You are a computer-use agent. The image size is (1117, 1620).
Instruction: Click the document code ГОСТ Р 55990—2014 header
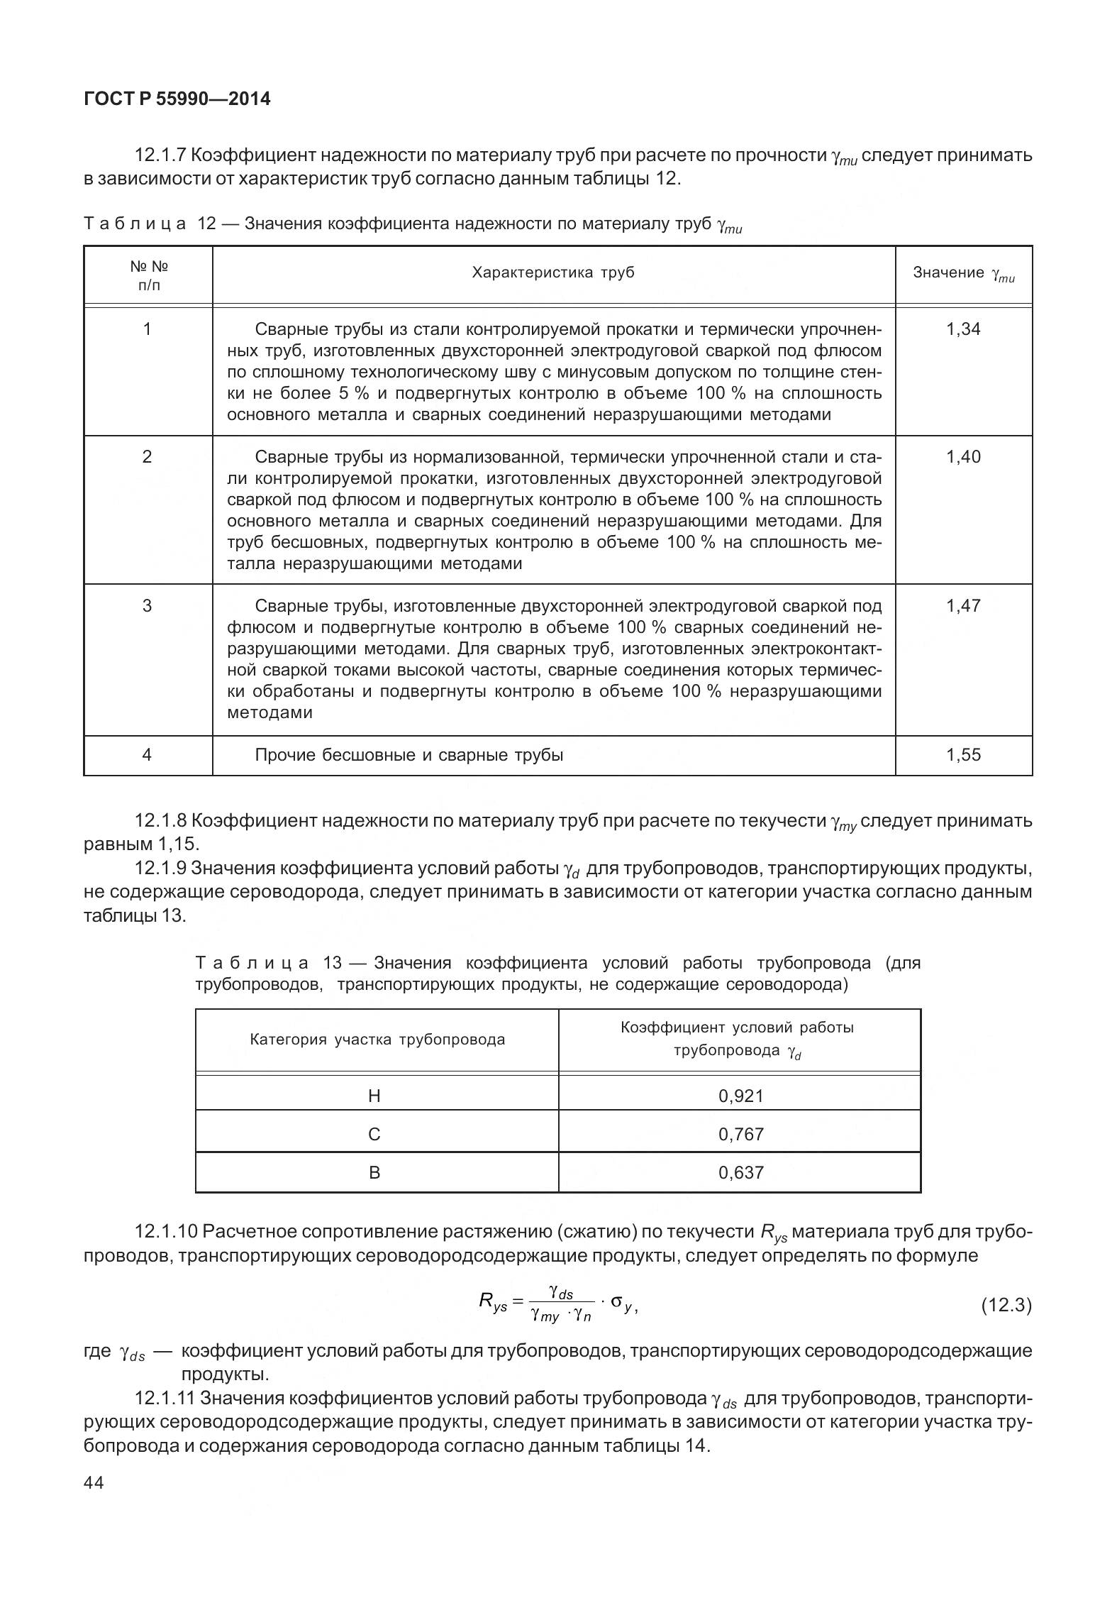[177, 99]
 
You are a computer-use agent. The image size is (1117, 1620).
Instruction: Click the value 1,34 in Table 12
[963, 329]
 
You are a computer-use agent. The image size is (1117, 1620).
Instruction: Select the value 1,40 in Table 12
[963, 457]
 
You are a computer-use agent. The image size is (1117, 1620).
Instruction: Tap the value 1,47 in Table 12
[963, 606]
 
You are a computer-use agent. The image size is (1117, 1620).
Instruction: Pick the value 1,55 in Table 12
[963, 755]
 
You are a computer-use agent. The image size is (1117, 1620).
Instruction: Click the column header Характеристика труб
[553, 273]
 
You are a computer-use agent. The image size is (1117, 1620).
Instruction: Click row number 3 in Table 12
[148, 606]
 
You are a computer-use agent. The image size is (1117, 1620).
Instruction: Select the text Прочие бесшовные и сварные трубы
[409, 755]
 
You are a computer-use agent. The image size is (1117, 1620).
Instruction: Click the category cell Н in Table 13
[375, 1096]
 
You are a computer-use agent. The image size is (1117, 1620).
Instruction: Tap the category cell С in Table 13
[375, 1135]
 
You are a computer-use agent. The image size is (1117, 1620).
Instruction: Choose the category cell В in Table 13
[375, 1173]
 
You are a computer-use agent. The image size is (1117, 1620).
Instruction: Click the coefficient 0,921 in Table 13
[741, 1096]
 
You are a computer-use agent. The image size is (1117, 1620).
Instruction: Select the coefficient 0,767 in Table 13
[741, 1135]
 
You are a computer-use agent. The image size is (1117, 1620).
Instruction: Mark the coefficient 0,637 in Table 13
[741, 1173]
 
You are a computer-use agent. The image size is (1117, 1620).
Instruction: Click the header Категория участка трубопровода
[377, 1040]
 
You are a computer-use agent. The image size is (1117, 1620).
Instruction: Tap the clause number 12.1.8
[161, 821]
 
